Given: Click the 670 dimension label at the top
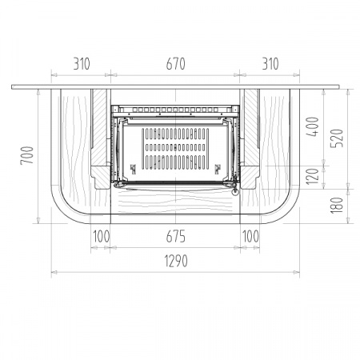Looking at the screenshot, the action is click(x=175, y=64).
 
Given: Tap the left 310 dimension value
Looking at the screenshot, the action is click(x=82, y=64).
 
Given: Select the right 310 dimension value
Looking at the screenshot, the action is click(x=270, y=64).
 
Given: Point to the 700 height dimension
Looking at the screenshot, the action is click(x=27, y=155).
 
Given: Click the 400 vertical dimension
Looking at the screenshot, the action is click(x=313, y=126).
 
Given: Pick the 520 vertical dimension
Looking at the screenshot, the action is click(x=337, y=138).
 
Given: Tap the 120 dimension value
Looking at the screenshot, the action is click(x=313, y=176).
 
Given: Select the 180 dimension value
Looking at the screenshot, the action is click(x=337, y=206).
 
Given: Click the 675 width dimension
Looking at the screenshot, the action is click(x=175, y=237).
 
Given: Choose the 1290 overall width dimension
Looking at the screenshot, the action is click(x=176, y=261).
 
